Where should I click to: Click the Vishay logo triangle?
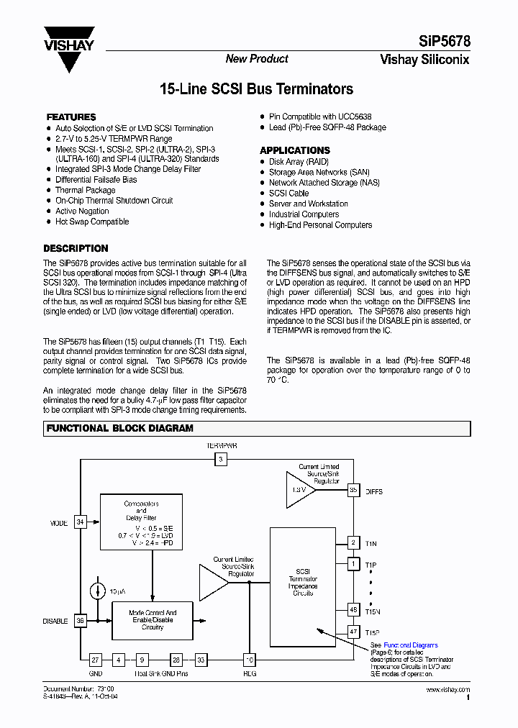[x=69, y=49]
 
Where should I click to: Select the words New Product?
[x=257, y=59]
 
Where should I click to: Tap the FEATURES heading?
[x=71, y=117]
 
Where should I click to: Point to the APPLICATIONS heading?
[x=295, y=150]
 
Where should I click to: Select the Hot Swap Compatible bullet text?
[x=92, y=222]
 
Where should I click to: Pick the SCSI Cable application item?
[x=288, y=193]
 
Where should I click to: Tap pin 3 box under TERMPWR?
[x=222, y=458]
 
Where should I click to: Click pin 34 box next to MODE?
[x=80, y=522]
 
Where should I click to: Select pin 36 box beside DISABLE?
[x=80, y=621]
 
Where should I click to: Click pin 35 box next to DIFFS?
[x=353, y=491]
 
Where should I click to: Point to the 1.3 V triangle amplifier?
[x=299, y=488]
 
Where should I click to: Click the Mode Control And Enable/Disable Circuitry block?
[x=152, y=621]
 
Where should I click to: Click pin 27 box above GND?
[x=96, y=659]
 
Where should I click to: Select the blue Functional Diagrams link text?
[x=410, y=645]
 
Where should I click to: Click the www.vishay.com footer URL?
[x=448, y=690]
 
